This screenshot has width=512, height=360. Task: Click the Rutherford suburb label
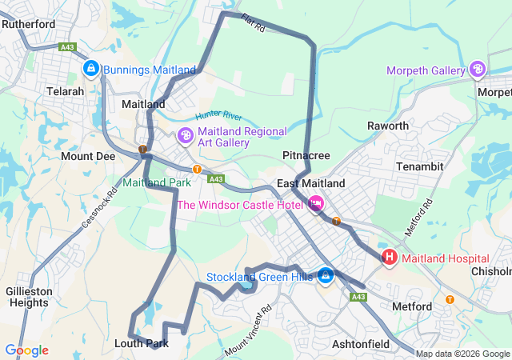point(28,24)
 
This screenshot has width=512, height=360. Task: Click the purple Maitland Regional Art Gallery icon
point(185,137)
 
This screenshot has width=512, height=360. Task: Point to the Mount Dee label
point(88,156)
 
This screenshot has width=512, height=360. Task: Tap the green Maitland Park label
point(156,182)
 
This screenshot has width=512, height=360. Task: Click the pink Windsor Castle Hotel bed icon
point(316,205)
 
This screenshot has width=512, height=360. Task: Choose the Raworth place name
point(387,126)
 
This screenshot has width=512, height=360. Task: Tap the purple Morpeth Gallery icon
point(478,70)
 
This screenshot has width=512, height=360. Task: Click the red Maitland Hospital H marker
point(390,258)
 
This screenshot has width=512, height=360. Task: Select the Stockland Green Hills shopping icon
point(326,277)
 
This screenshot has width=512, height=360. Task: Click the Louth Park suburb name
point(148,343)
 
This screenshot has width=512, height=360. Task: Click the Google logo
point(26,350)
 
